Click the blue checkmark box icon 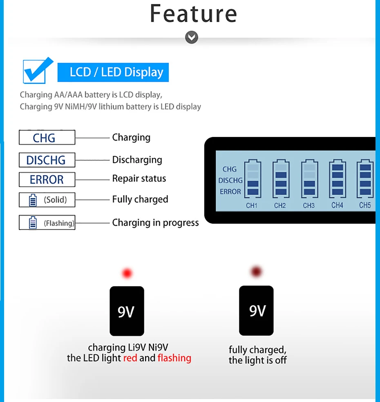37,71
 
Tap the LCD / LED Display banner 113,72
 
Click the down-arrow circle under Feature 191,38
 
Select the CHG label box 47,137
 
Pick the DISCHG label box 47,160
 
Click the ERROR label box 47,180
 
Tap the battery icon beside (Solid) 33,200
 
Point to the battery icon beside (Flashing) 33,223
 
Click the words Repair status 139,179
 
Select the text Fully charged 140,200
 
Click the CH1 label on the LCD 252,205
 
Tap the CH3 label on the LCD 308,205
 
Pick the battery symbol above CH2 280,179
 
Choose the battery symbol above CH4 337,179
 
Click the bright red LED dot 127,273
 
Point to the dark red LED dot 257,271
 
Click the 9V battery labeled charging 127,311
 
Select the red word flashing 174,358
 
